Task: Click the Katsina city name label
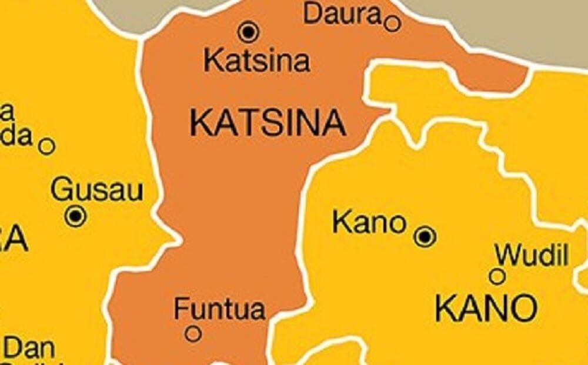pos(256,61)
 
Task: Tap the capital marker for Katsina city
pos(249,31)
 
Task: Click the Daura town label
pos(342,14)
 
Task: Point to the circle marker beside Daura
pos(393,24)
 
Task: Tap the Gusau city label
pos(97,191)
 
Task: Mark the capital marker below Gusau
pos(76,216)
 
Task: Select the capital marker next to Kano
pos(425,236)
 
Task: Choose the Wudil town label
pos(532,256)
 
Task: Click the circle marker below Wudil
pos(497,276)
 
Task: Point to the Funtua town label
pos(219,309)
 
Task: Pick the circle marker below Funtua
pos(193,334)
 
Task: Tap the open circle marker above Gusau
pos(47,146)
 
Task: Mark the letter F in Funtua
pos(181,309)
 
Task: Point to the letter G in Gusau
pos(61,191)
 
